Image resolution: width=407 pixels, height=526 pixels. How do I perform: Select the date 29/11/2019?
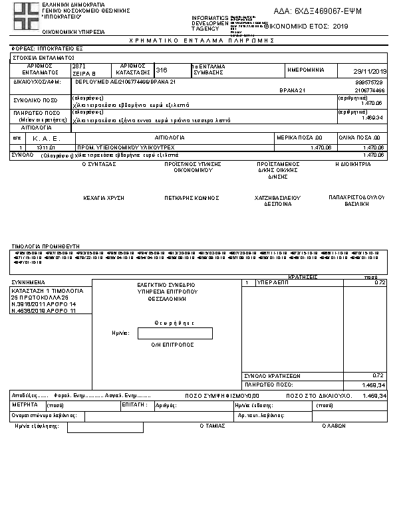click(372, 71)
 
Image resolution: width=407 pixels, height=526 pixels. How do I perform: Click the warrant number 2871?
click(79, 66)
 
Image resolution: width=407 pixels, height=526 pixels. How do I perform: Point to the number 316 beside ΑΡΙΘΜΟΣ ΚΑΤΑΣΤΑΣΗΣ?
click(162, 69)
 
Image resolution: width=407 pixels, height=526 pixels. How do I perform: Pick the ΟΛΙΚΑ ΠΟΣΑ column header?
click(364, 137)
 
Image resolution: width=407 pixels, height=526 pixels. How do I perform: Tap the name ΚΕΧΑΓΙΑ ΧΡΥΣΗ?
click(104, 198)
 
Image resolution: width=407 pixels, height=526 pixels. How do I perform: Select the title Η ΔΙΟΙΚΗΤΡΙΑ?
click(352, 163)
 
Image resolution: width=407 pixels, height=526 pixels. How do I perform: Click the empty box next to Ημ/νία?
click(174, 333)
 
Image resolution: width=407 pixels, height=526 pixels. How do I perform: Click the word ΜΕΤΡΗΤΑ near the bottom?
click(26, 404)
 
